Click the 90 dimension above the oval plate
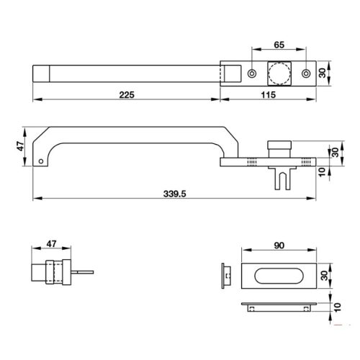(x=279, y=246)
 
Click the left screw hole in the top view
(x=251, y=73)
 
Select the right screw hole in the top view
(x=307, y=73)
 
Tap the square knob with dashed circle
(x=279, y=73)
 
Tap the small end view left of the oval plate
(x=226, y=276)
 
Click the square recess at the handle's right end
(x=232, y=73)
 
